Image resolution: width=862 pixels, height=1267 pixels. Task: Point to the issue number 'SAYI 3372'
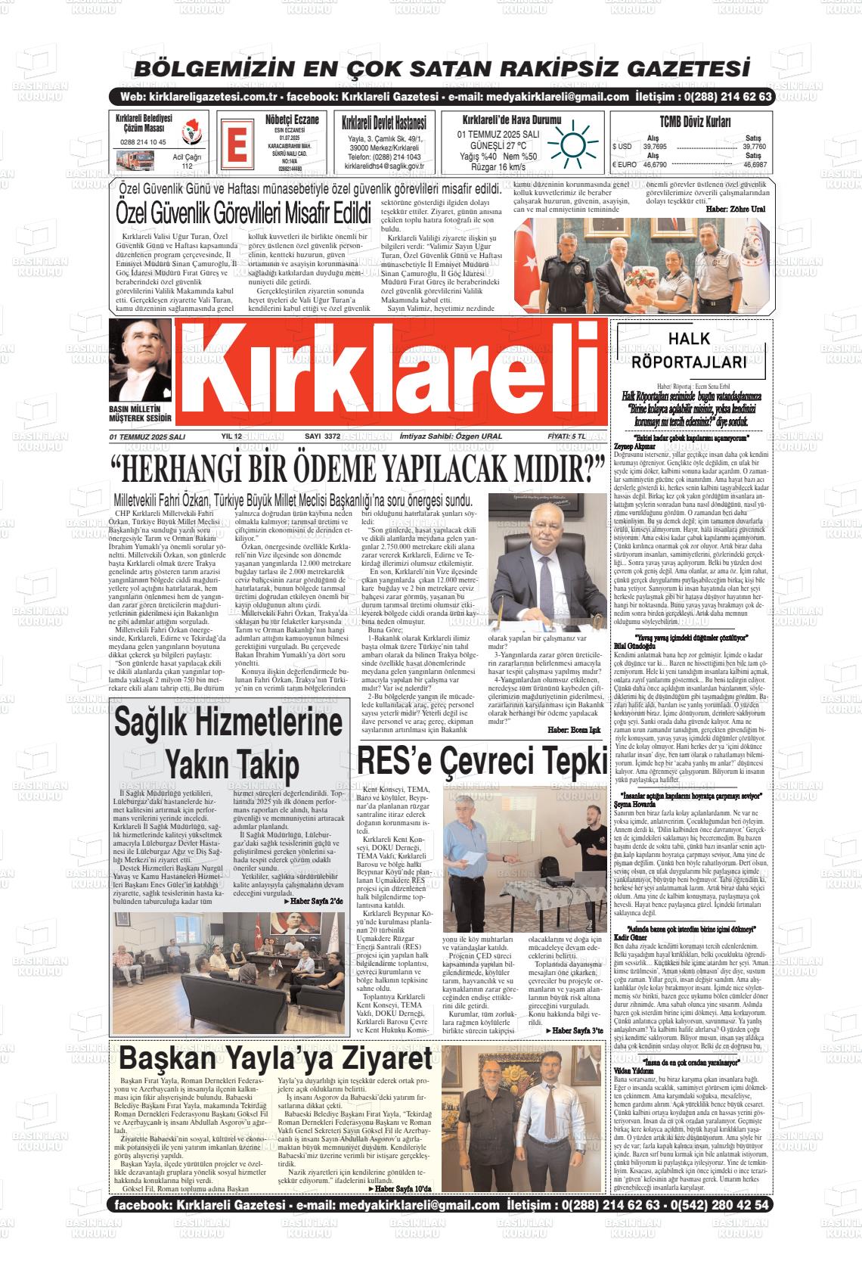[321, 436]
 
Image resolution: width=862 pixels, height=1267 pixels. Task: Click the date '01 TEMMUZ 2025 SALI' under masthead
[147, 437]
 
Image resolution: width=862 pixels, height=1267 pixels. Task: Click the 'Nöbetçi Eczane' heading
[292, 120]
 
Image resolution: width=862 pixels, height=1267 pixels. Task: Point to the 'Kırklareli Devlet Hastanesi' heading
[383, 122]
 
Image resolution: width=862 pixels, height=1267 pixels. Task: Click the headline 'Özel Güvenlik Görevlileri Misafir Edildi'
[245, 213]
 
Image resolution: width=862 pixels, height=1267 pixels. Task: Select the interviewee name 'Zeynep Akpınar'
[634, 446]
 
